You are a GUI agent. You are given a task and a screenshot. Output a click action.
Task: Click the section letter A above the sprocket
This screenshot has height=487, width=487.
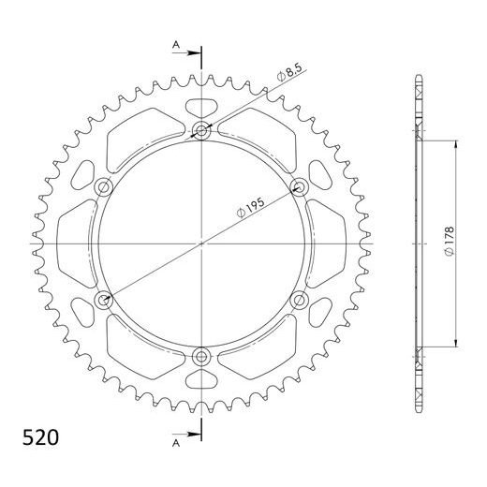coord(175,44)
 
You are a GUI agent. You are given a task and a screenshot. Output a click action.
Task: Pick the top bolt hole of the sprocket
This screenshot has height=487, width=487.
coord(201,130)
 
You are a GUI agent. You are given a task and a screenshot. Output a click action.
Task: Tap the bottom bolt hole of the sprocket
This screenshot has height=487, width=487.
coord(201,356)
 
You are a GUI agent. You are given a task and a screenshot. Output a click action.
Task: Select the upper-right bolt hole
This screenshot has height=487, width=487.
coord(300,186)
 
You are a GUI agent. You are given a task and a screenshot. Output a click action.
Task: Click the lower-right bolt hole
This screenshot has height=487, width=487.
coord(300,300)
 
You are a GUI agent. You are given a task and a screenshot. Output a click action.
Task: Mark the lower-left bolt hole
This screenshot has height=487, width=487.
coord(103,300)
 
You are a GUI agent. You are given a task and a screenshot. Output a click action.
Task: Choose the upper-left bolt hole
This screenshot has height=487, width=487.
coord(103,186)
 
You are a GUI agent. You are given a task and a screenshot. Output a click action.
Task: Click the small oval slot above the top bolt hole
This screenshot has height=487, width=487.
coord(201,106)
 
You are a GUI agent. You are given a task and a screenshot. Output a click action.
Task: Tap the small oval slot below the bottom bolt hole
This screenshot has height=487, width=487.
coord(201,379)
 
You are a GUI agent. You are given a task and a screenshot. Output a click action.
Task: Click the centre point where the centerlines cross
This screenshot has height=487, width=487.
coord(201,243)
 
